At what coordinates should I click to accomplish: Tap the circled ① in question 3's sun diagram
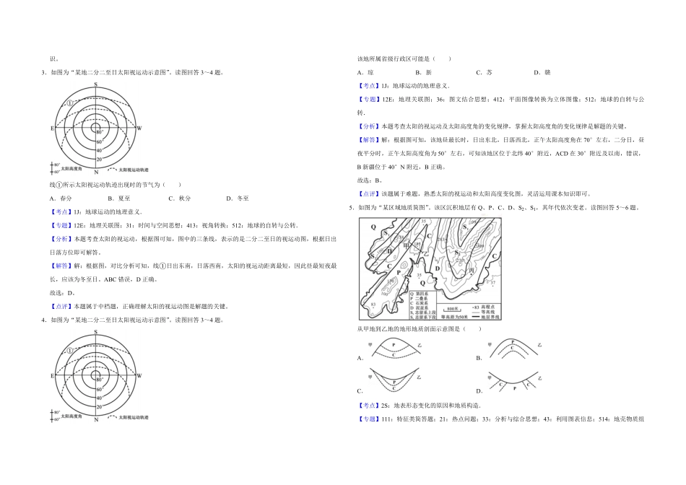tap(70, 103)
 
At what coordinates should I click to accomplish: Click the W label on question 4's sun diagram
tap(139, 376)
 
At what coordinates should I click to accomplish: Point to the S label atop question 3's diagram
tap(96, 84)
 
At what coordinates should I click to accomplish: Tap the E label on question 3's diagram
tap(52, 128)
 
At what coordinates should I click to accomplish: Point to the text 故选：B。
tap(370, 181)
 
